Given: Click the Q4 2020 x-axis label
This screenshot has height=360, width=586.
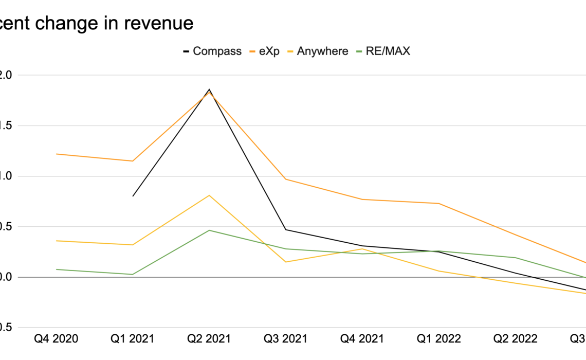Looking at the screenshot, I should click(57, 338).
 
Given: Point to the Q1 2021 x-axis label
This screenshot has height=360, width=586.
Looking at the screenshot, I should click(133, 338).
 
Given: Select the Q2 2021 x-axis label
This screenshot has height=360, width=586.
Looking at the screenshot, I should click(209, 338).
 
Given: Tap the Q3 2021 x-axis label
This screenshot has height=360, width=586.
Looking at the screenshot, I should click(286, 338).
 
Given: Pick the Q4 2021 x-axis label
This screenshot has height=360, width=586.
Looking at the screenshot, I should click(362, 338).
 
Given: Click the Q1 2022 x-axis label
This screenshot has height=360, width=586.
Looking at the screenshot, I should click(438, 338).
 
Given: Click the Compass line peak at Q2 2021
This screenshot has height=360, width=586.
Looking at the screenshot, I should click(209, 89).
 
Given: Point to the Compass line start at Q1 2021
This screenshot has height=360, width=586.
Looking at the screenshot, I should click(133, 196).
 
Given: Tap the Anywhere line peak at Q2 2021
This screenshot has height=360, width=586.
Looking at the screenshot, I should click(209, 195).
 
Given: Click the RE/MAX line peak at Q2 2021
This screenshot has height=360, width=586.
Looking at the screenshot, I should click(209, 230).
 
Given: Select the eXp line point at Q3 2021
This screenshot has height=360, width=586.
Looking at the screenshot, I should click(286, 179).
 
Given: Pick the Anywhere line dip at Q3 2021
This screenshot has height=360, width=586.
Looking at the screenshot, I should click(286, 262).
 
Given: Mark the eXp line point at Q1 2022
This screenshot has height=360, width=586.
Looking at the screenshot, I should click(438, 203).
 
